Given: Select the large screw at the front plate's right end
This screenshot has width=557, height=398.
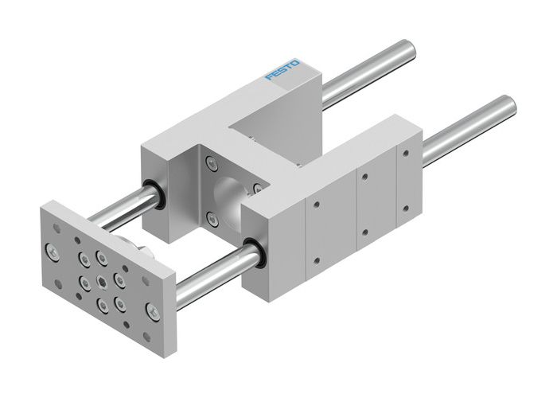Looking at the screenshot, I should click(x=152, y=306).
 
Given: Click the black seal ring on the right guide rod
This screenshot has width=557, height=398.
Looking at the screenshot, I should click(x=254, y=253).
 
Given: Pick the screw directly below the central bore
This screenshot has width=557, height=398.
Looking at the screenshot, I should click(x=209, y=220).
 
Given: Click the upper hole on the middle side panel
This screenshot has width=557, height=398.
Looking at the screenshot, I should click(x=364, y=175).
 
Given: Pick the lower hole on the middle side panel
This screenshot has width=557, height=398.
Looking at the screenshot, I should click(x=363, y=232).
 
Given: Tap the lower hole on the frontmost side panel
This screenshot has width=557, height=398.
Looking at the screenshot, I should click(x=315, y=260).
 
